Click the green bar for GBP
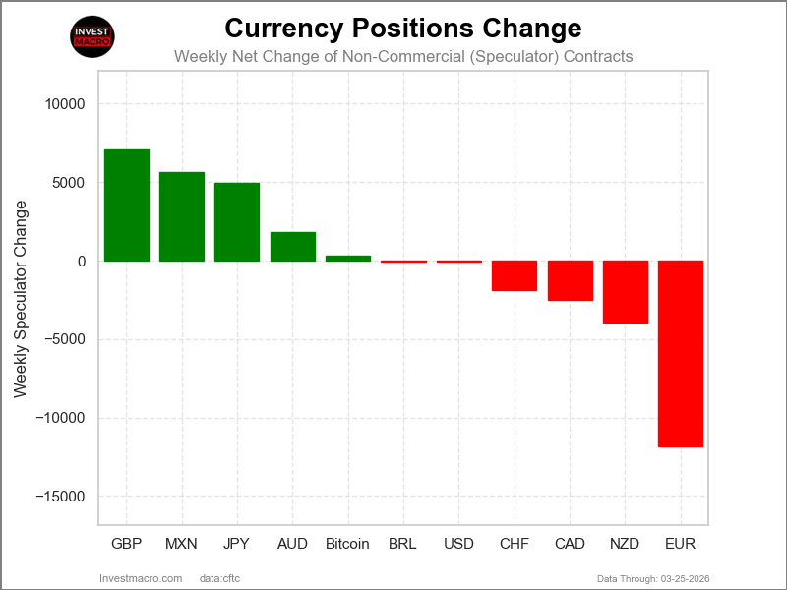(x=127, y=206)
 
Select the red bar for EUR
(x=681, y=354)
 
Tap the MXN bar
(x=182, y=216)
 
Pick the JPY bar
(x=237, y=222)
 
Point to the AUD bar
(x=293, y=247)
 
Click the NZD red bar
(x=626, y=292)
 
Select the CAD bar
(x=571, y=281)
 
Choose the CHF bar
(x=515, y=276)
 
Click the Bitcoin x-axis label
(x=347, y=544)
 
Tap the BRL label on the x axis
(x=403, y=544)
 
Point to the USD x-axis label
(x=458, y=544)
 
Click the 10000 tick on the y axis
(x=65, y=104)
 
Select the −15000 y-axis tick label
(x=61, y=497)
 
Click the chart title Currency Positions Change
(x=403, y=27)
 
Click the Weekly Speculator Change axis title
(x=21, y=299)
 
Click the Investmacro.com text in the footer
(x=142, y=577)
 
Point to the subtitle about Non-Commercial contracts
(x=403, y=56)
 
